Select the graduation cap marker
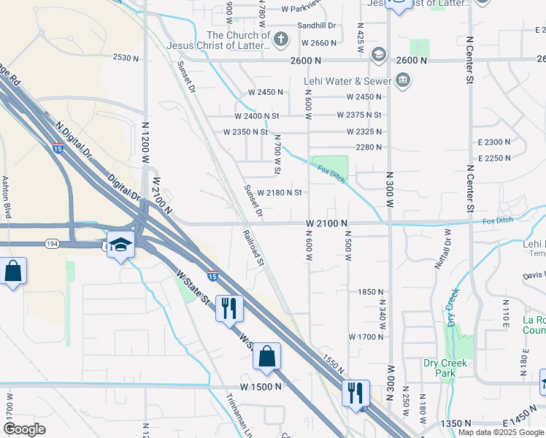pos(120,245)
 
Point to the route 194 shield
pos(112,242)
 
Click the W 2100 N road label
pos(326,222)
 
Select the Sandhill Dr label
pos(315,25)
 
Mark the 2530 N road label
pos(125,58)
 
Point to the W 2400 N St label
pos(257,116)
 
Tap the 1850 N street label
pos(371,291)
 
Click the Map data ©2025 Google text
pos(501,432)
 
